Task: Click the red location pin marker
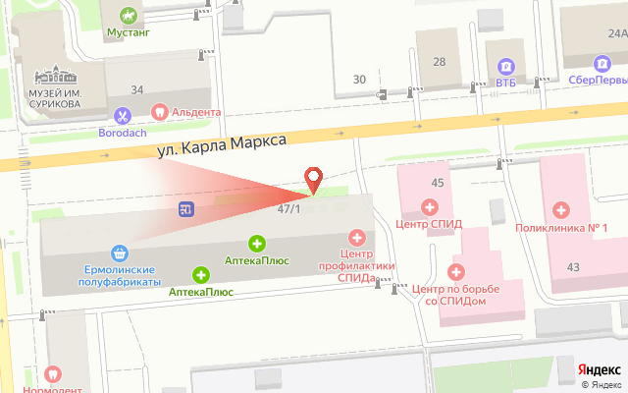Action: (314, 179)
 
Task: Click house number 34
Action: (137, 90)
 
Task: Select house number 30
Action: (360, 79)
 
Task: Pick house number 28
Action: (440, 62)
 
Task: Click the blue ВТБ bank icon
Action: (505, 67)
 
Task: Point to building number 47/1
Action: (288, 209)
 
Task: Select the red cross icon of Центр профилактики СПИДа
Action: (357, 236)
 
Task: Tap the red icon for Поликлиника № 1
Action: (561, 209)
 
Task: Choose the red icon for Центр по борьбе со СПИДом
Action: (455, 270)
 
